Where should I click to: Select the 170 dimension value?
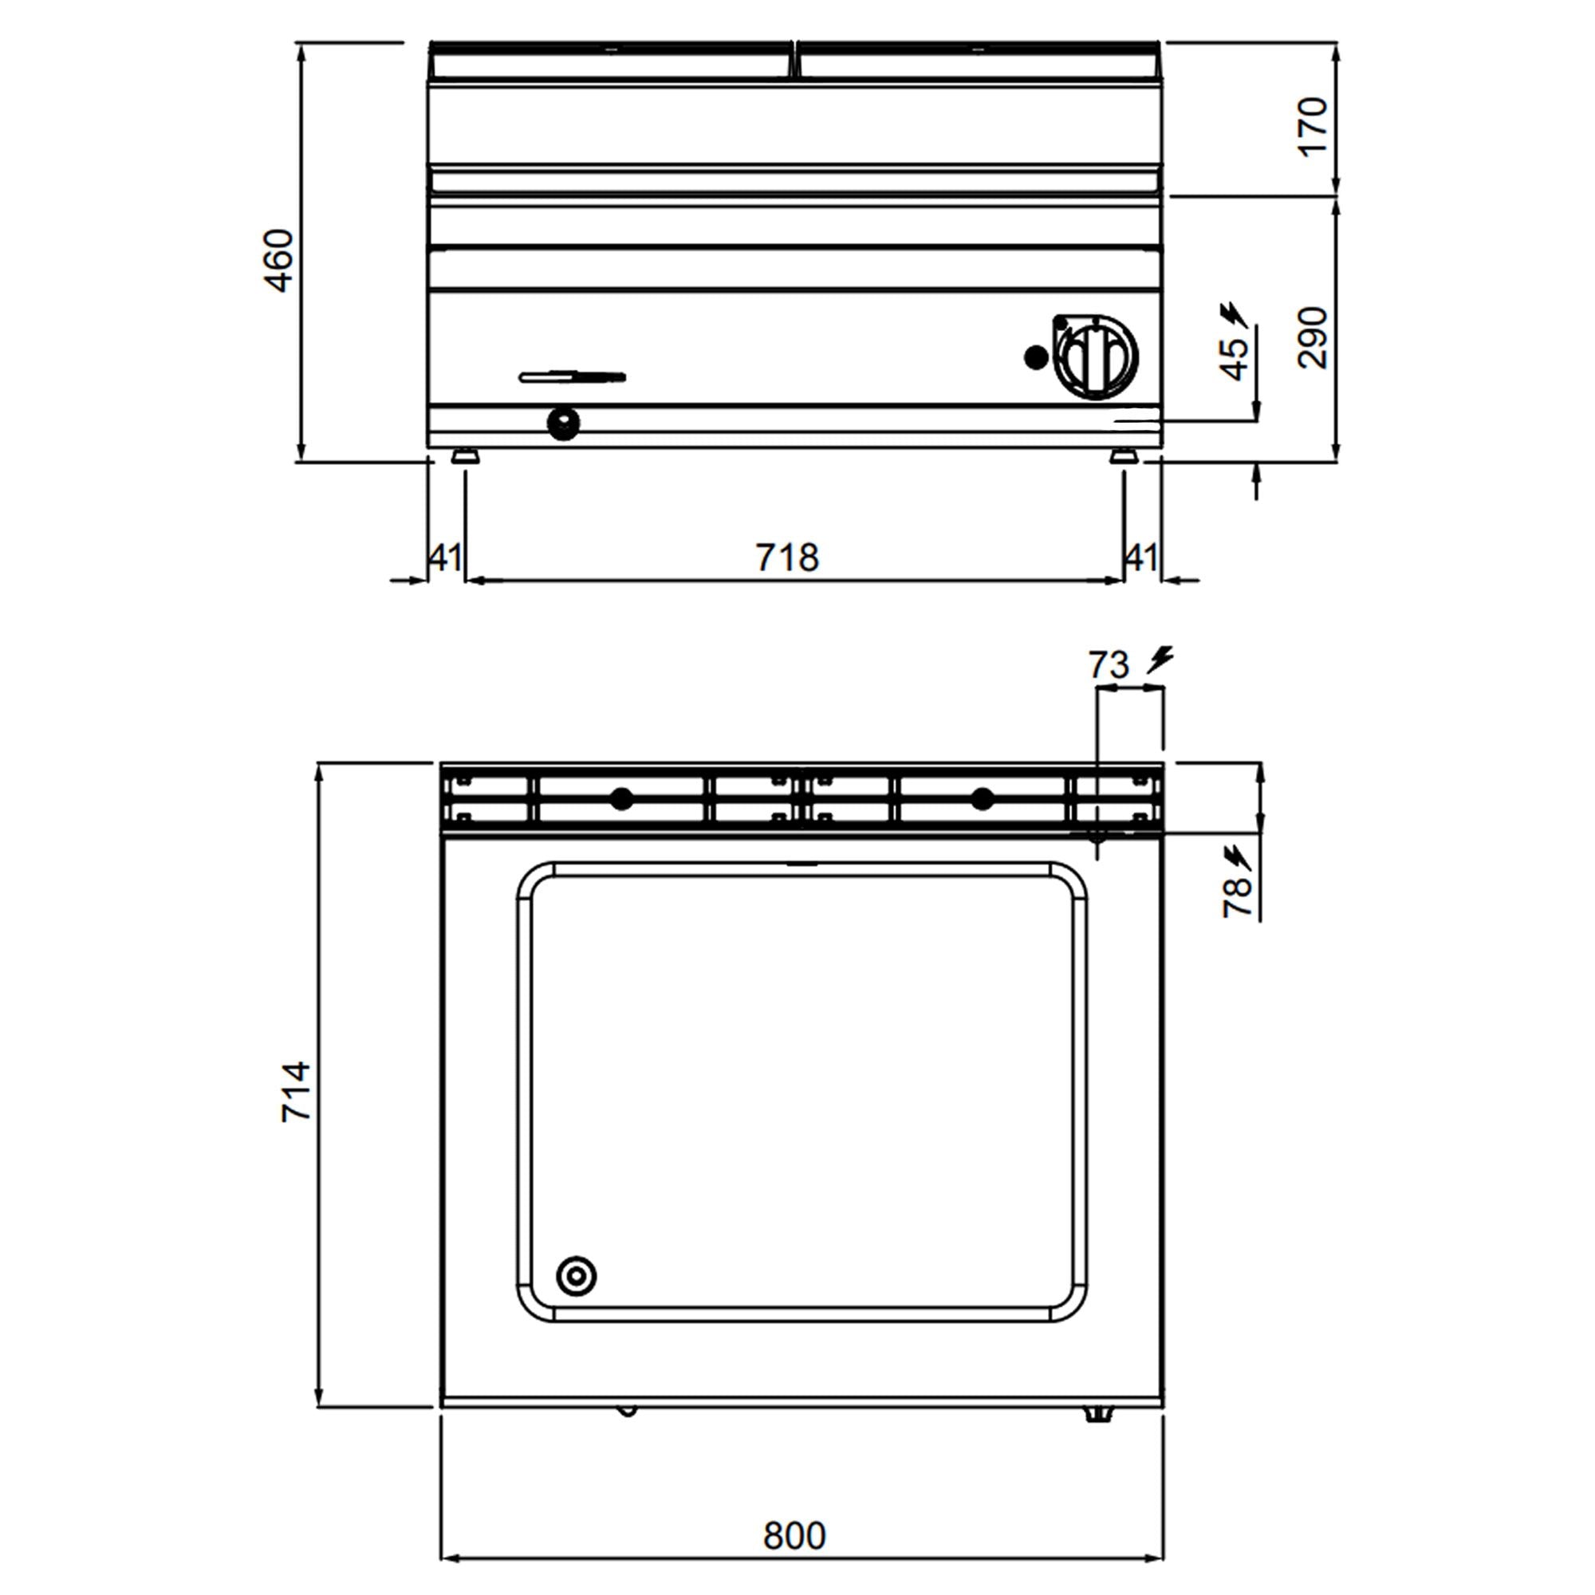[x=1311, y=125]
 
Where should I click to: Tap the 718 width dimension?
[x=787, y=558]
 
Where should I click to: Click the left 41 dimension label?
[x=445, y=558]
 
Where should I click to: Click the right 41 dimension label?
[x=1141, y=558]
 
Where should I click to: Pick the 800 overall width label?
[x=794, y=1535]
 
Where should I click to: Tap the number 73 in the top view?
[x=1108, y=664]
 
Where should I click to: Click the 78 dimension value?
[x=1237, y=897]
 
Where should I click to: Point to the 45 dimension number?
[x=1235, y=357]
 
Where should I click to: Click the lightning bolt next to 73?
[x=1160, y=659]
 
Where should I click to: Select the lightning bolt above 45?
[x=1234, y=314]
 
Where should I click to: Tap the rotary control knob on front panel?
[x=1096, y=357]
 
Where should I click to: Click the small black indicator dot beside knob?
[x=1035, y=357]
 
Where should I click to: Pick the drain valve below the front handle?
[x=563, y=423]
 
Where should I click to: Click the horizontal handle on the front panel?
[x=571, y=377]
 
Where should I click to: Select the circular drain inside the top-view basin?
[x=576, y=1276]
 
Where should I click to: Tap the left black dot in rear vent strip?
[x=622, y=798]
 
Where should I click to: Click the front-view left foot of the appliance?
[x=464, y=455]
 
